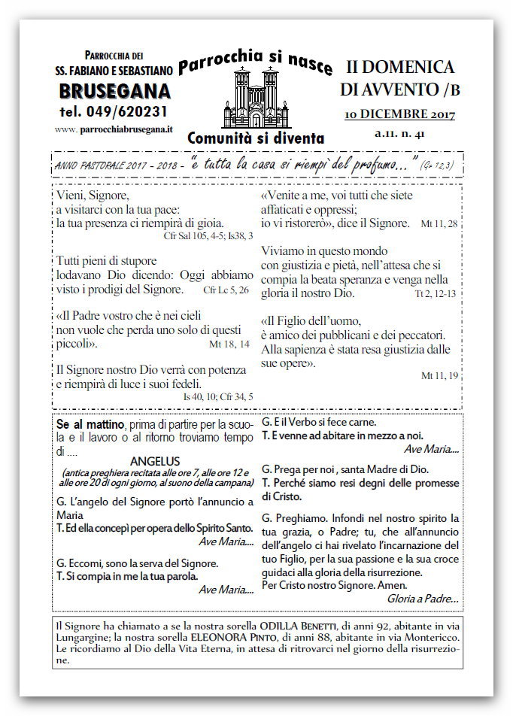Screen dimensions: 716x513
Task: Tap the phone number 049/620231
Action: pyautogui.click(x=114, y=111)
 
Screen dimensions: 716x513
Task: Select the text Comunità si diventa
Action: pyautogui.click(x=256, y=138)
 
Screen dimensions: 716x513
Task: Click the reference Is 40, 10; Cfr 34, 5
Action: pyautogui.click(x=218, y=396)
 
